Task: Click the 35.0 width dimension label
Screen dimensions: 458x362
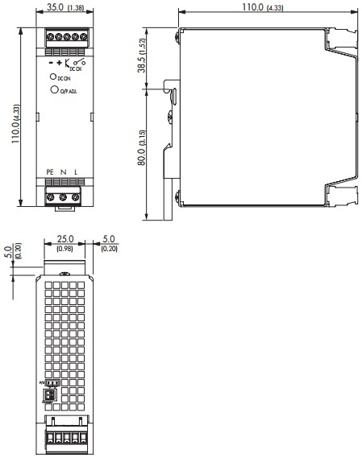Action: point(55,7)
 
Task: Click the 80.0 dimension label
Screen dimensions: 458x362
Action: point(142,151)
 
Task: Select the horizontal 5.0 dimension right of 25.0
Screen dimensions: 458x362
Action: point(109,239)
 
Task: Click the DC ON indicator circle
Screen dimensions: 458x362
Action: point(53,77)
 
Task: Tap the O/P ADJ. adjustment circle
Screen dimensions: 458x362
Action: point(53,91)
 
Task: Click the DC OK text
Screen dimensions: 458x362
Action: point(77,69)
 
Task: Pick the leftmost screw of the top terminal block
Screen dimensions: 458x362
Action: point(50,36)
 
